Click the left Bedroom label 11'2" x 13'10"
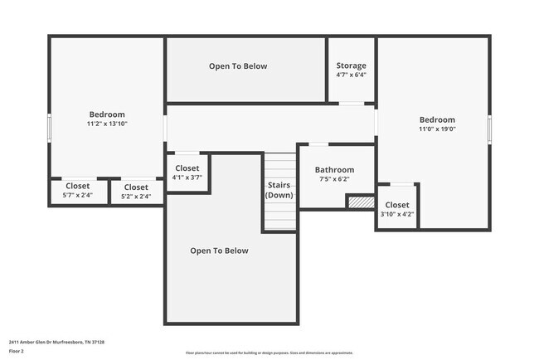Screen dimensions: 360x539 [107, 119]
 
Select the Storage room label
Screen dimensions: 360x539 [351, 66]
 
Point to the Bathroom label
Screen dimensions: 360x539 [334, 170]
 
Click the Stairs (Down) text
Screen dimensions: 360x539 [279, 190]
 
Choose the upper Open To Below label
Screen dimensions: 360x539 [238, 66]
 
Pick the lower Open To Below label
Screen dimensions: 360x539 [219, 251]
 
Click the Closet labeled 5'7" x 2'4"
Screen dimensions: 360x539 [77, 191]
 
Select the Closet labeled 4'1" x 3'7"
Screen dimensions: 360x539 [187, 173]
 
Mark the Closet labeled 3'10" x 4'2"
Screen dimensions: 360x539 [396, 209]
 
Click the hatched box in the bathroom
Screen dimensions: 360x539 [360, 202]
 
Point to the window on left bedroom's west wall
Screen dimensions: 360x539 [49, 129]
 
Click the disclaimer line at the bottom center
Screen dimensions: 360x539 [269, 353]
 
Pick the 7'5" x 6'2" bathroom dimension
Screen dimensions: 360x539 [334, 179]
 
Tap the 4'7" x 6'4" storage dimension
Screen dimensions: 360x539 [351, 75]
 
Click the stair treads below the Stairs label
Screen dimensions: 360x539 [279, 217]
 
